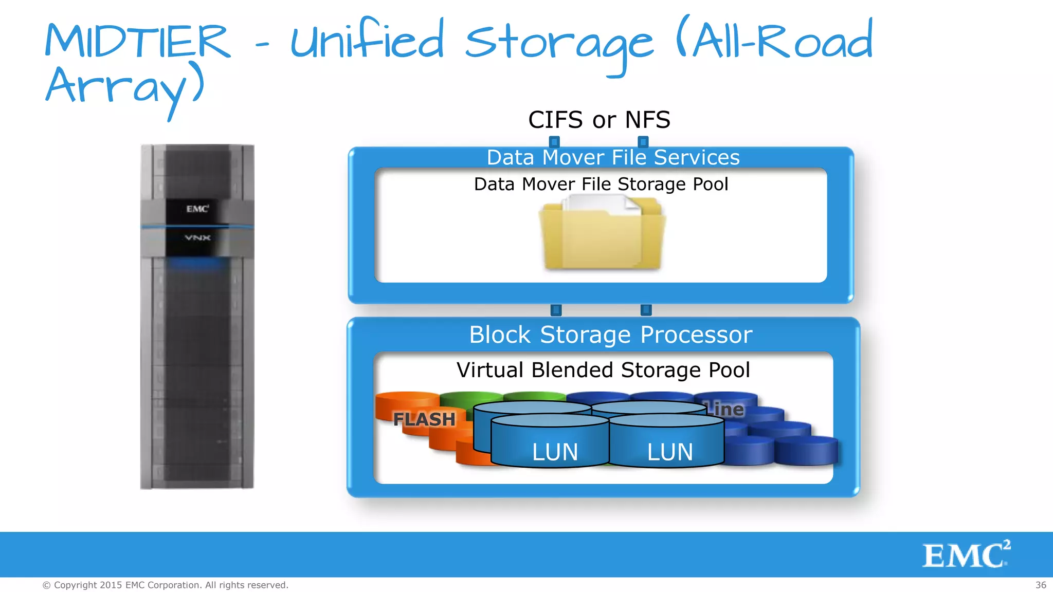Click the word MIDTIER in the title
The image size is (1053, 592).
tap(137, 41)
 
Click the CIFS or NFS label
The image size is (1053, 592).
tap(599, 120)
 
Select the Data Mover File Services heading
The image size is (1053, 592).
tap(613, 157)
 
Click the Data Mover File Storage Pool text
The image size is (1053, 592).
tap(601, 184)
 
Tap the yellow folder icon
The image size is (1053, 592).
tap(602, 234)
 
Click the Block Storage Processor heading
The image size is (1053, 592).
tap(610, 335)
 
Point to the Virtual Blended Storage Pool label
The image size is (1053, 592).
tap(603, 370)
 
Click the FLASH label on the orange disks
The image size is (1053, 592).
tap(424, 419)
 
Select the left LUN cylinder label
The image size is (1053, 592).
tap(555, 452)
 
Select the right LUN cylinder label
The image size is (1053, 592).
tap(670, 452)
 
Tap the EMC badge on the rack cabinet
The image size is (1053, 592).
tap(197, 209)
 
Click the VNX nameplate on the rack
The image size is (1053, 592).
tap(197, 238)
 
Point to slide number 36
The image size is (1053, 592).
tap(1041, 585)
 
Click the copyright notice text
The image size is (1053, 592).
tap(165, 585)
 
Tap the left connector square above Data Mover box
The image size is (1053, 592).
tap(554, 141)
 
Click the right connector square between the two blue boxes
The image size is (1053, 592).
tap(646, 310)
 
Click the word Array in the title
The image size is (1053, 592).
tap(123, 87)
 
